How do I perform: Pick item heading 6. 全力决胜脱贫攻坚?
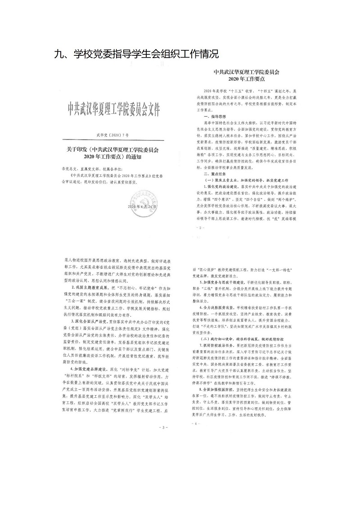pyautogui.click(x=225, y=319)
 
